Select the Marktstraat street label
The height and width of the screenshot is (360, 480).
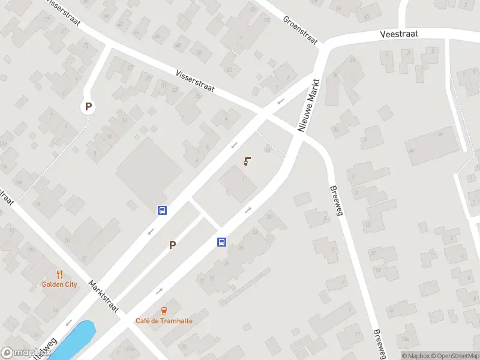pos(103,295)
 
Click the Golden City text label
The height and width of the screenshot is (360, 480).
pos(59,284)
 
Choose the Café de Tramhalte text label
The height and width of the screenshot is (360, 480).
pos(164,321)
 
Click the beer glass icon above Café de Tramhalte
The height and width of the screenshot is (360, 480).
pos(164,311)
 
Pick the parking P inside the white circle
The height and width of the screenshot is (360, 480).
pos(88,107)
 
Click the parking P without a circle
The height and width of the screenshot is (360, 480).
pos(173,245)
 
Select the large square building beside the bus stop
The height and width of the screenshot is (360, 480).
pos(148,170)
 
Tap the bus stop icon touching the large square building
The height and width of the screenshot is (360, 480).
pos(162,210)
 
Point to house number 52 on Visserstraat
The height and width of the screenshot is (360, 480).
pos(229,70)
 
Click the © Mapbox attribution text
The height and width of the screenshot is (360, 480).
pos(413,356)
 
